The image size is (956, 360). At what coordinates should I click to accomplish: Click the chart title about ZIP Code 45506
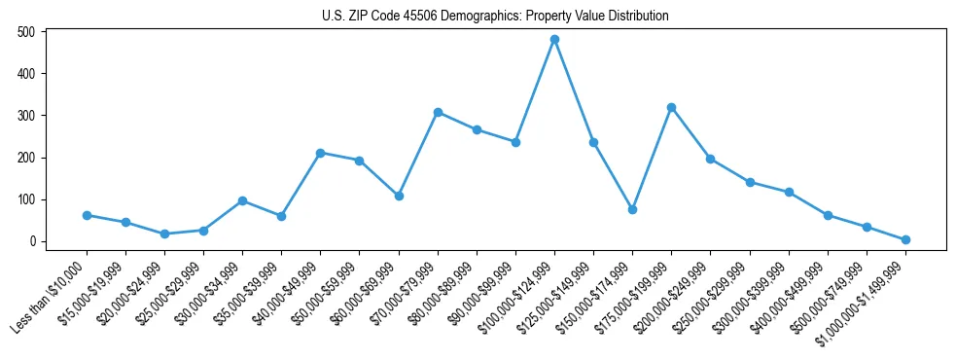pyautogui.click(x=495, y=17)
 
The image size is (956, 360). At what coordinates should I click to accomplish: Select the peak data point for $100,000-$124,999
pyautogui.click(x=554, y=40)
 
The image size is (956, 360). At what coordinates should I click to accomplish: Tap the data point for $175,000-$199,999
pyautogui.click(x=671, y=107)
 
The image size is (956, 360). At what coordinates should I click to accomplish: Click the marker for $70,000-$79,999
pyautogui.click(x=438, y=112)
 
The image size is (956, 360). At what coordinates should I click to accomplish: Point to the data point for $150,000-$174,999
pyautogui.click(x=632, y=209)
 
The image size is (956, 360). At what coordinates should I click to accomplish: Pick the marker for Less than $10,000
pyautogui.click(x=87, y=215)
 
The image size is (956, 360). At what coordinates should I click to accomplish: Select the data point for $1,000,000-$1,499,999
pyautogui.click(x=905, y=239)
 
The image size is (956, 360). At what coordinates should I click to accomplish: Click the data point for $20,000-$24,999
pyautogui.click(x=164, y=234)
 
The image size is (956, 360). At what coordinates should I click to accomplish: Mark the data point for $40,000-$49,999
pyautogui.click(x=320, y=153)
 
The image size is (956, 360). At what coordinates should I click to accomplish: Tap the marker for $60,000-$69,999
pyautogui.click(x=399, y=196)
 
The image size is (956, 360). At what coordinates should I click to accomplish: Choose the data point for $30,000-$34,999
pyautogui.click(x=242, y=200)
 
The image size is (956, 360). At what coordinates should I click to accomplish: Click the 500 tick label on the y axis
pyautogui.click(x=26, y=32)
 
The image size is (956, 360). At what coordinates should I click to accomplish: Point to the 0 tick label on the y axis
pyautogui.click(x=32, y=241)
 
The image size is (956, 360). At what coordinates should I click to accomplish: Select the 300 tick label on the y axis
pyautogui.click(x=26, y=116)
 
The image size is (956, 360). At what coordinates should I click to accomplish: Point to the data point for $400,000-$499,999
pyautogui.click(x=828, y=215)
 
